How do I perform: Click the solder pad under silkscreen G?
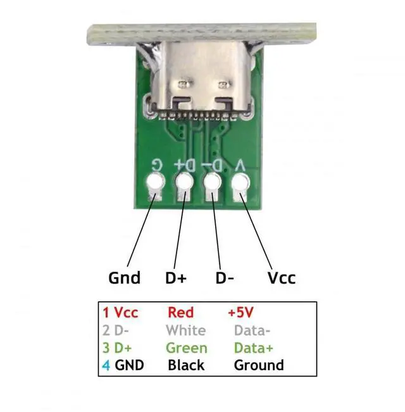pyautogui.click(x=154, y=185)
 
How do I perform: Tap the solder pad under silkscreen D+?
pyautogui.click(x=184, y=185)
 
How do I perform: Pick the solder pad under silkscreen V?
pyautogui.click(x=240, y=185)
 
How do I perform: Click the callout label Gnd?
pyautogui.click(x=125, y=278)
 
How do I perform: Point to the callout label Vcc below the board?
pyautogui.click(x=282, y=278)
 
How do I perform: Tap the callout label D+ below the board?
pyautogui.click(x=175, y=278)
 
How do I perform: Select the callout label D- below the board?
pyautogui.click(x=225, y=278)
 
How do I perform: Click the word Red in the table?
pyautogui.click(x=180, y=313)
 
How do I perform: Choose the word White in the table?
pyautogui.click(x=185, y=330)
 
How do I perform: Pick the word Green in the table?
pyautogui.click(x=186, y=348)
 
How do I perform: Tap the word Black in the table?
pyautogui.click(x=186, y=365)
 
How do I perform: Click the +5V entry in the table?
pyautogui.click(x=243, y=313)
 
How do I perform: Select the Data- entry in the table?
pyautogui.click(x=252, y=330)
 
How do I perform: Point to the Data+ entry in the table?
pyautogui.click(x=252, y=348)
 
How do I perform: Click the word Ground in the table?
pyautogui.click(x=259, y=365)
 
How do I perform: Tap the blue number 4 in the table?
pyautogui.click(x=106, y=365)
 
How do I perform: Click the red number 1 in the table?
pyautogui.click(x=106, y=313)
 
